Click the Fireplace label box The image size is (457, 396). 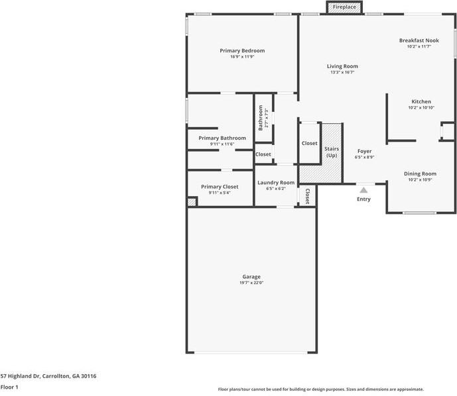(344, 7)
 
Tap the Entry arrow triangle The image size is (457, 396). (363, 190)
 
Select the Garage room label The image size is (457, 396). (251, 276)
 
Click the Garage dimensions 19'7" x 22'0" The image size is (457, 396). (251, 283)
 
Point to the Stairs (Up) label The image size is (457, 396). (332, 152)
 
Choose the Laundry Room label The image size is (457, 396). (275, 182)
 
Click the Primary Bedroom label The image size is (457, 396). (242, 50)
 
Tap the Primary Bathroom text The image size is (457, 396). (222, 138)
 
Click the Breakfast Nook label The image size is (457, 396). (419, 40)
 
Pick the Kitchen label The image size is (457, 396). (421, 101)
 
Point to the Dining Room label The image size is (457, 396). (420, 173)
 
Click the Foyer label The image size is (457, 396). (364, 151)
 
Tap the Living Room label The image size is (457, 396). (342, 66)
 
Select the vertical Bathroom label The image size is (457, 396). (261, 118)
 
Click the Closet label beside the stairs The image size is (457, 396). (309, 143)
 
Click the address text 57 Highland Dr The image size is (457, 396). (48, 375)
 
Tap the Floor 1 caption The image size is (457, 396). (9, 387)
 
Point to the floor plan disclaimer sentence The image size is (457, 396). (320, 389)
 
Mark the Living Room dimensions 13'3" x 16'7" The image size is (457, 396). (342, 72)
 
